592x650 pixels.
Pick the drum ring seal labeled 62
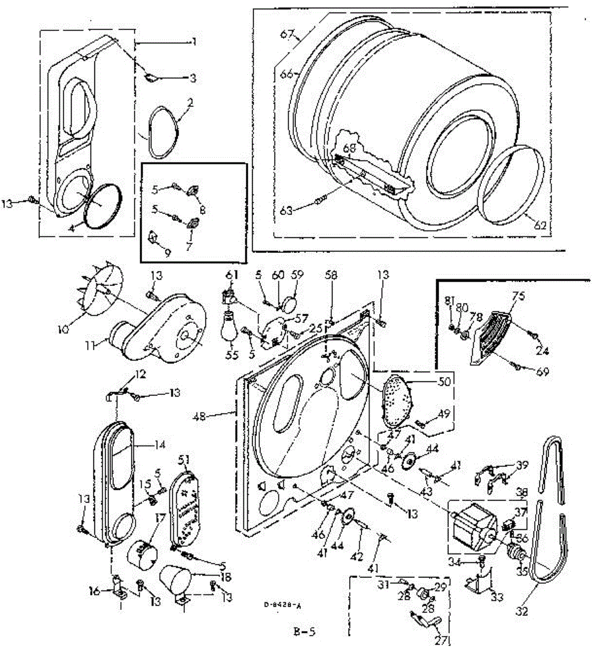[511, 184]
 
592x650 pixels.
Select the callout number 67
[287, 35]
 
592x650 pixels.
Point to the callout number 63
[286, 210]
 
